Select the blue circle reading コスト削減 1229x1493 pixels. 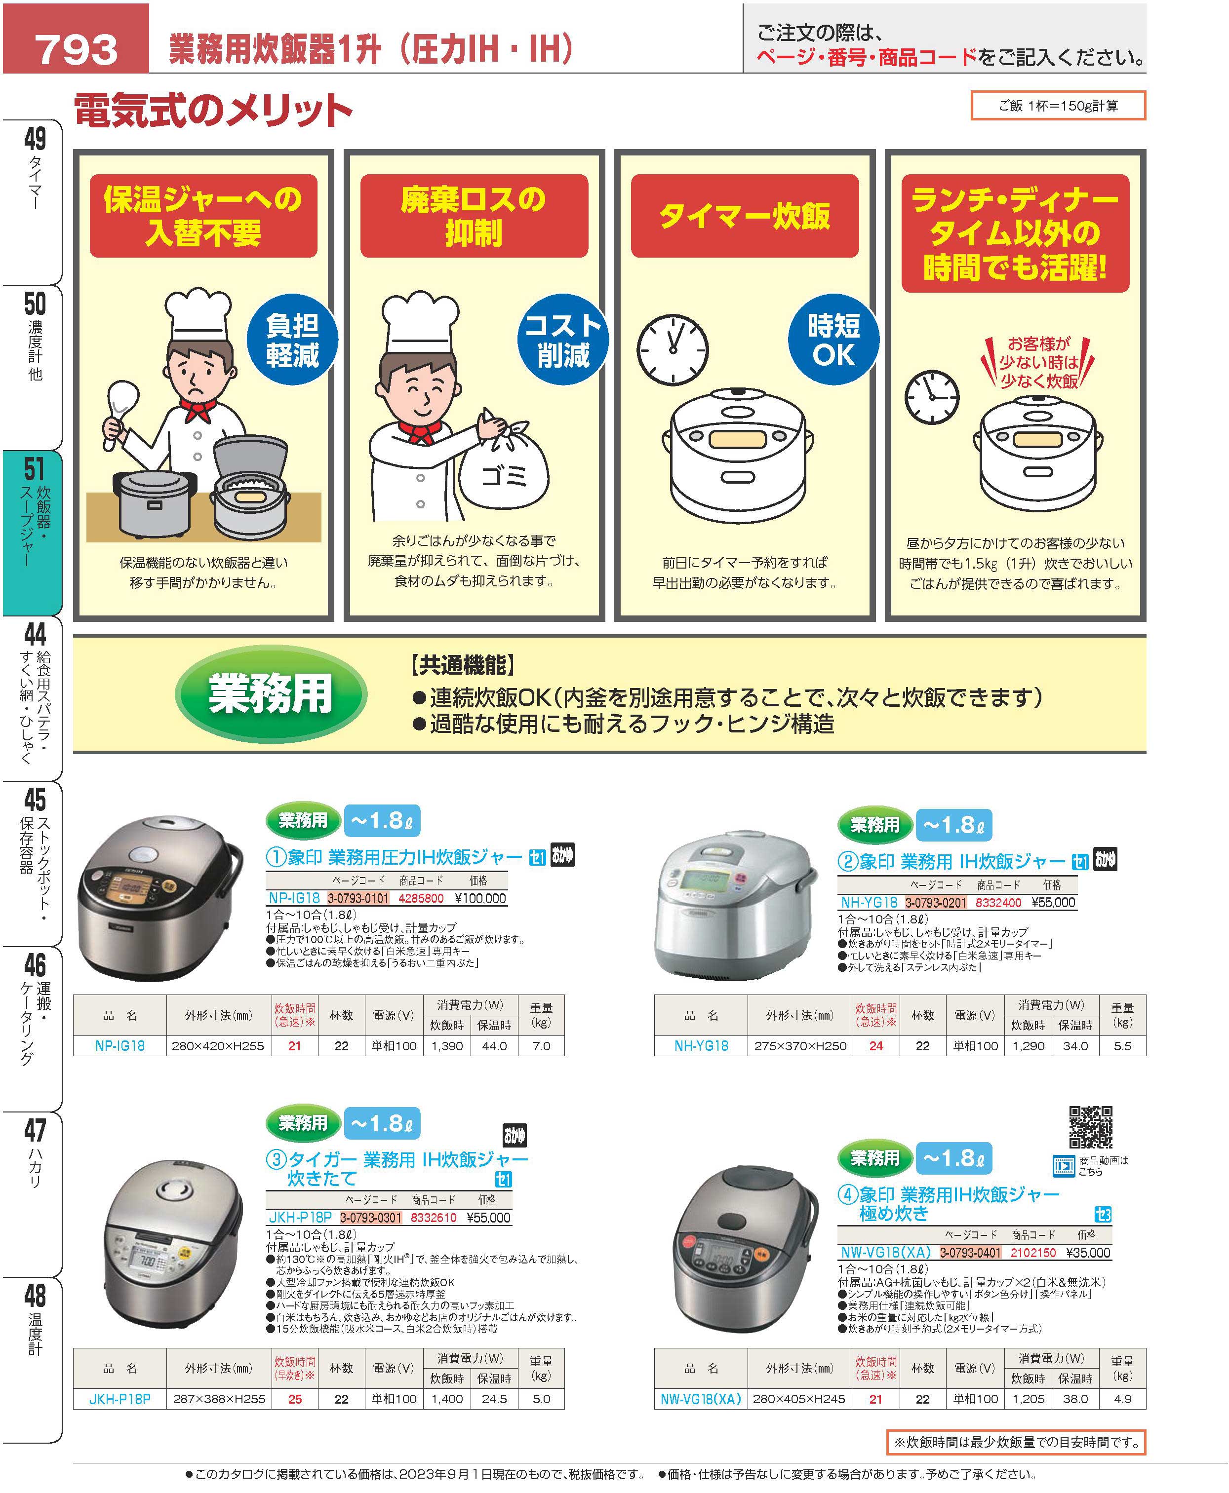(x=563, y=340)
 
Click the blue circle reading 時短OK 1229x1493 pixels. (x=834, y=340)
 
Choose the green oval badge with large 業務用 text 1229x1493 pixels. (x=271, y=693)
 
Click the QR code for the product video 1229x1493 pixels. (x=1090, y=1127)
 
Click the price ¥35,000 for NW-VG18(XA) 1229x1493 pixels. (x=1088, y=1253)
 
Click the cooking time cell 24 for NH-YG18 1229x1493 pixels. (x=876, y=1046)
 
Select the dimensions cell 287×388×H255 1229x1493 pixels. (x=218, y=1399)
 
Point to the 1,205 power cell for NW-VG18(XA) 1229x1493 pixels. (x=1029, y=1399)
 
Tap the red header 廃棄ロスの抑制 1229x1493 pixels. (x=474, y=216)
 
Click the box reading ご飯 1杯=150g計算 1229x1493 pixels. (x=1058, y=106)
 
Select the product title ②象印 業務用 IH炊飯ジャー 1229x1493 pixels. (x=951, y=861)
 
